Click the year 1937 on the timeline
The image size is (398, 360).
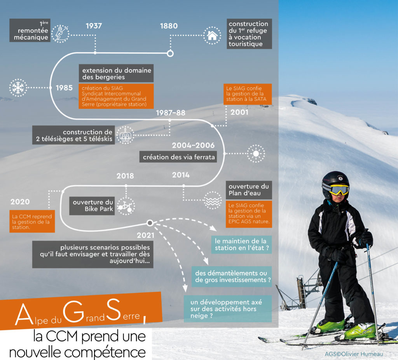(x=94, y=26)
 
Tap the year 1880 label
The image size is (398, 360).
(x=169, y=26)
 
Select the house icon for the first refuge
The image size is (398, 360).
(x=212, y=35)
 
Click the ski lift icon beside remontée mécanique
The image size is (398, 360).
(x=60, y=33)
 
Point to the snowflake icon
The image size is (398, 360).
(x=18, y=88)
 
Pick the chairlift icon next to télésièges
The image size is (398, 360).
(x=125, y=135)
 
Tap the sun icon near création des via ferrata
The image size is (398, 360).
(x=256, y=154)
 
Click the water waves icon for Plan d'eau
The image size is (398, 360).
(x=213, y=200)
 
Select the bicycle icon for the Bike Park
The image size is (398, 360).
(x=126, y=206)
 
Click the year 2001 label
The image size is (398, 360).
(x=239, y=112)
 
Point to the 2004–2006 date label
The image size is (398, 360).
(x=193, y=145)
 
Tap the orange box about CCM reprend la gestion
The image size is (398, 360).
(x=32, y=221)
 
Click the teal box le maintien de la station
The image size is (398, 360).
(x=242, y=245)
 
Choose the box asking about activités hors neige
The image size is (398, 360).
(x=228, y=309)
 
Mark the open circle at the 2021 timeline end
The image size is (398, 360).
(x=150, y=223)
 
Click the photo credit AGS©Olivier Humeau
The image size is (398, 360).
(x=354, y=354)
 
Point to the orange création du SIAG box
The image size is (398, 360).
(x=116, y=96)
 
